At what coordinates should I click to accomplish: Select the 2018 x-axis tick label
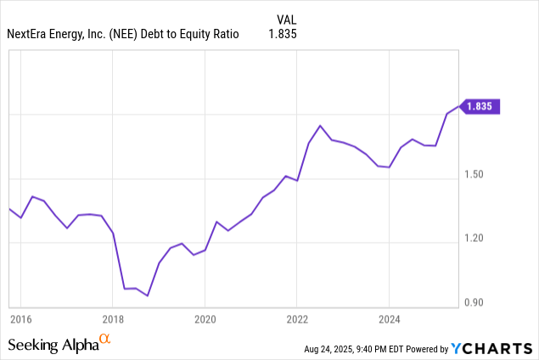[113, 319]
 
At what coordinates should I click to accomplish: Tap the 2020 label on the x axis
[205, 319]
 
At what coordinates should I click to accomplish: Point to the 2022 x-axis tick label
[296, 319]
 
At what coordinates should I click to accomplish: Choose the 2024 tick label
[388, 319]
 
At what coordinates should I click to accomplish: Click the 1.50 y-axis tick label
[475, 176]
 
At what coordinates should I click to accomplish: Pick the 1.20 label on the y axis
[475, 239]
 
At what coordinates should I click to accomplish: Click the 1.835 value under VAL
[283, 34]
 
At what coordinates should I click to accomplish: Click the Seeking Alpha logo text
[51, 345]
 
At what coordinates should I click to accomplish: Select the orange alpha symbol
[105, 340]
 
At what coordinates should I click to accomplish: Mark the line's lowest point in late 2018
[148, 295]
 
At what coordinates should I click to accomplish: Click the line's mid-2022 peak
[320, 126]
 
